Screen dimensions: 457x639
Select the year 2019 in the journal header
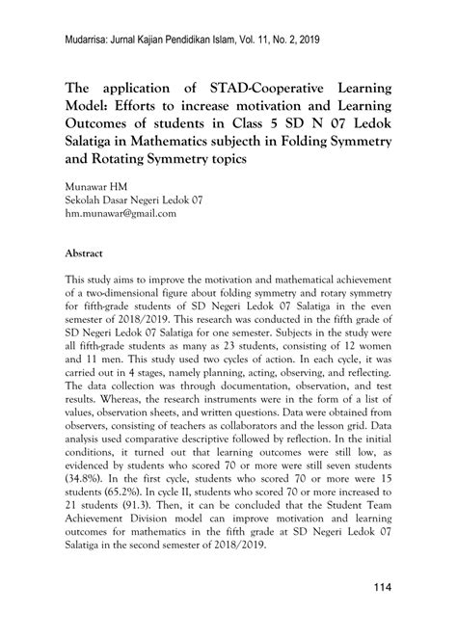tap(336, 40)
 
